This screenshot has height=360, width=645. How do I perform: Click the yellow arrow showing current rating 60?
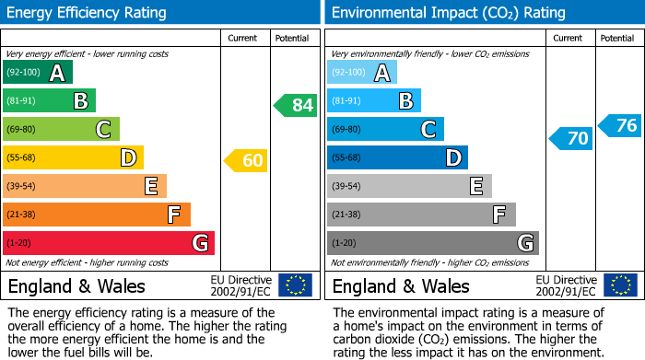(246, 161)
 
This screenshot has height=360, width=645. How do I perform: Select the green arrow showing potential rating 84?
(296, 105)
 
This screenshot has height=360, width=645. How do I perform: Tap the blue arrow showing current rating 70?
(570, 139)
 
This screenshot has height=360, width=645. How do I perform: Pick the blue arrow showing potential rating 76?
(619, 126)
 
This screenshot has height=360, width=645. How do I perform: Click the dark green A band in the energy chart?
(38, 73)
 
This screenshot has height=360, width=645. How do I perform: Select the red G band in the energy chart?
(109, 243)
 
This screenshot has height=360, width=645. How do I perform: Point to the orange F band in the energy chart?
(97, 215)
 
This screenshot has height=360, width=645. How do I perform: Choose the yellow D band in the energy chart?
(74, 157)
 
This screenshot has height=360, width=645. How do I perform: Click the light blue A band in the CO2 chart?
(362, 73)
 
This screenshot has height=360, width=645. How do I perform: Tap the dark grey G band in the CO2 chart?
(433, 243)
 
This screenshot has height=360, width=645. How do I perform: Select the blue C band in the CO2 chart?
(385, 129)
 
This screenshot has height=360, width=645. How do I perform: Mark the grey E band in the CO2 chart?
(409, 186)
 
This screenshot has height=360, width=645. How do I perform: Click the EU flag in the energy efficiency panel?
(296, 285)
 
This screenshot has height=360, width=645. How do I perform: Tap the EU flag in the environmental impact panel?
(620, 285)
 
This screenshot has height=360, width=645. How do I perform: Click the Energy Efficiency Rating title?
(87, 13)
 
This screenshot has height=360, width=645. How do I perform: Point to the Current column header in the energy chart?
(244, 38)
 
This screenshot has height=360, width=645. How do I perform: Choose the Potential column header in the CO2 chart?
(617, 38)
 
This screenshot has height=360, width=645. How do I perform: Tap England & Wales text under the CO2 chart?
(401, 286)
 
